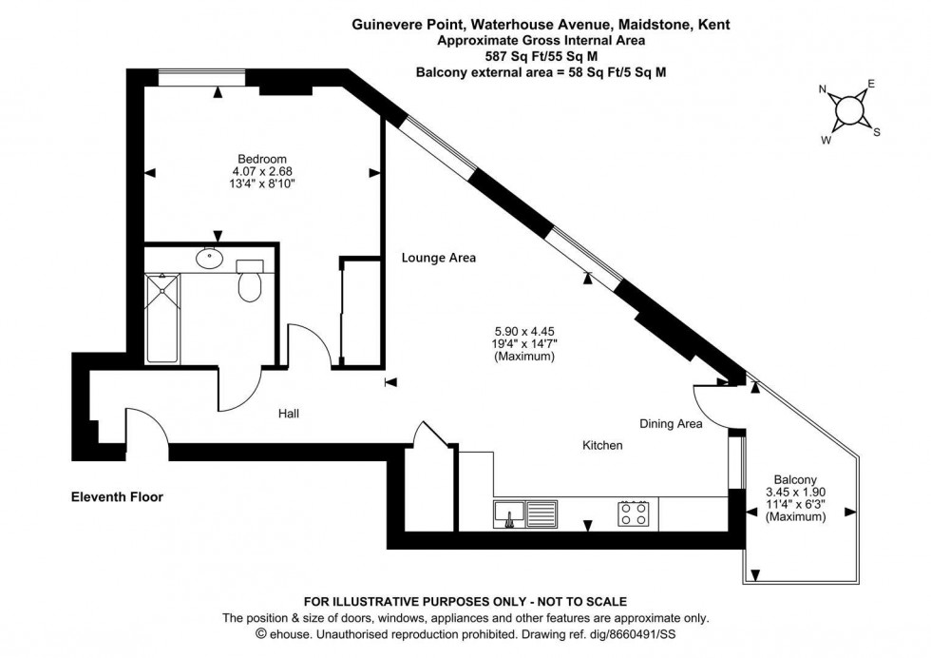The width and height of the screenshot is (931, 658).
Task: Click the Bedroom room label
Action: tap(262, 158)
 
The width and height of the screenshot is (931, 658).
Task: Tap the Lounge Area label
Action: tap(438, 258)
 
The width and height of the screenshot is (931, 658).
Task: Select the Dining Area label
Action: tap(671, 424)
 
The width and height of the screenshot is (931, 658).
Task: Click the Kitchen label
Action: tap(602, 445)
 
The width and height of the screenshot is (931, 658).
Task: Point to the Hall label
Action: tap(290, 414)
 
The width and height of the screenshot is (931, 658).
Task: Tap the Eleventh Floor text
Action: tap(118, 496)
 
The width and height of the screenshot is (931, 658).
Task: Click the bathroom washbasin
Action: tap(209, 257)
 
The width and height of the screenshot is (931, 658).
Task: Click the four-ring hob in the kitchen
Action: tap(635, 513)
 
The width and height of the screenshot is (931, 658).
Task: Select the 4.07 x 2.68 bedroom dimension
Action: tap(262, 171)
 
